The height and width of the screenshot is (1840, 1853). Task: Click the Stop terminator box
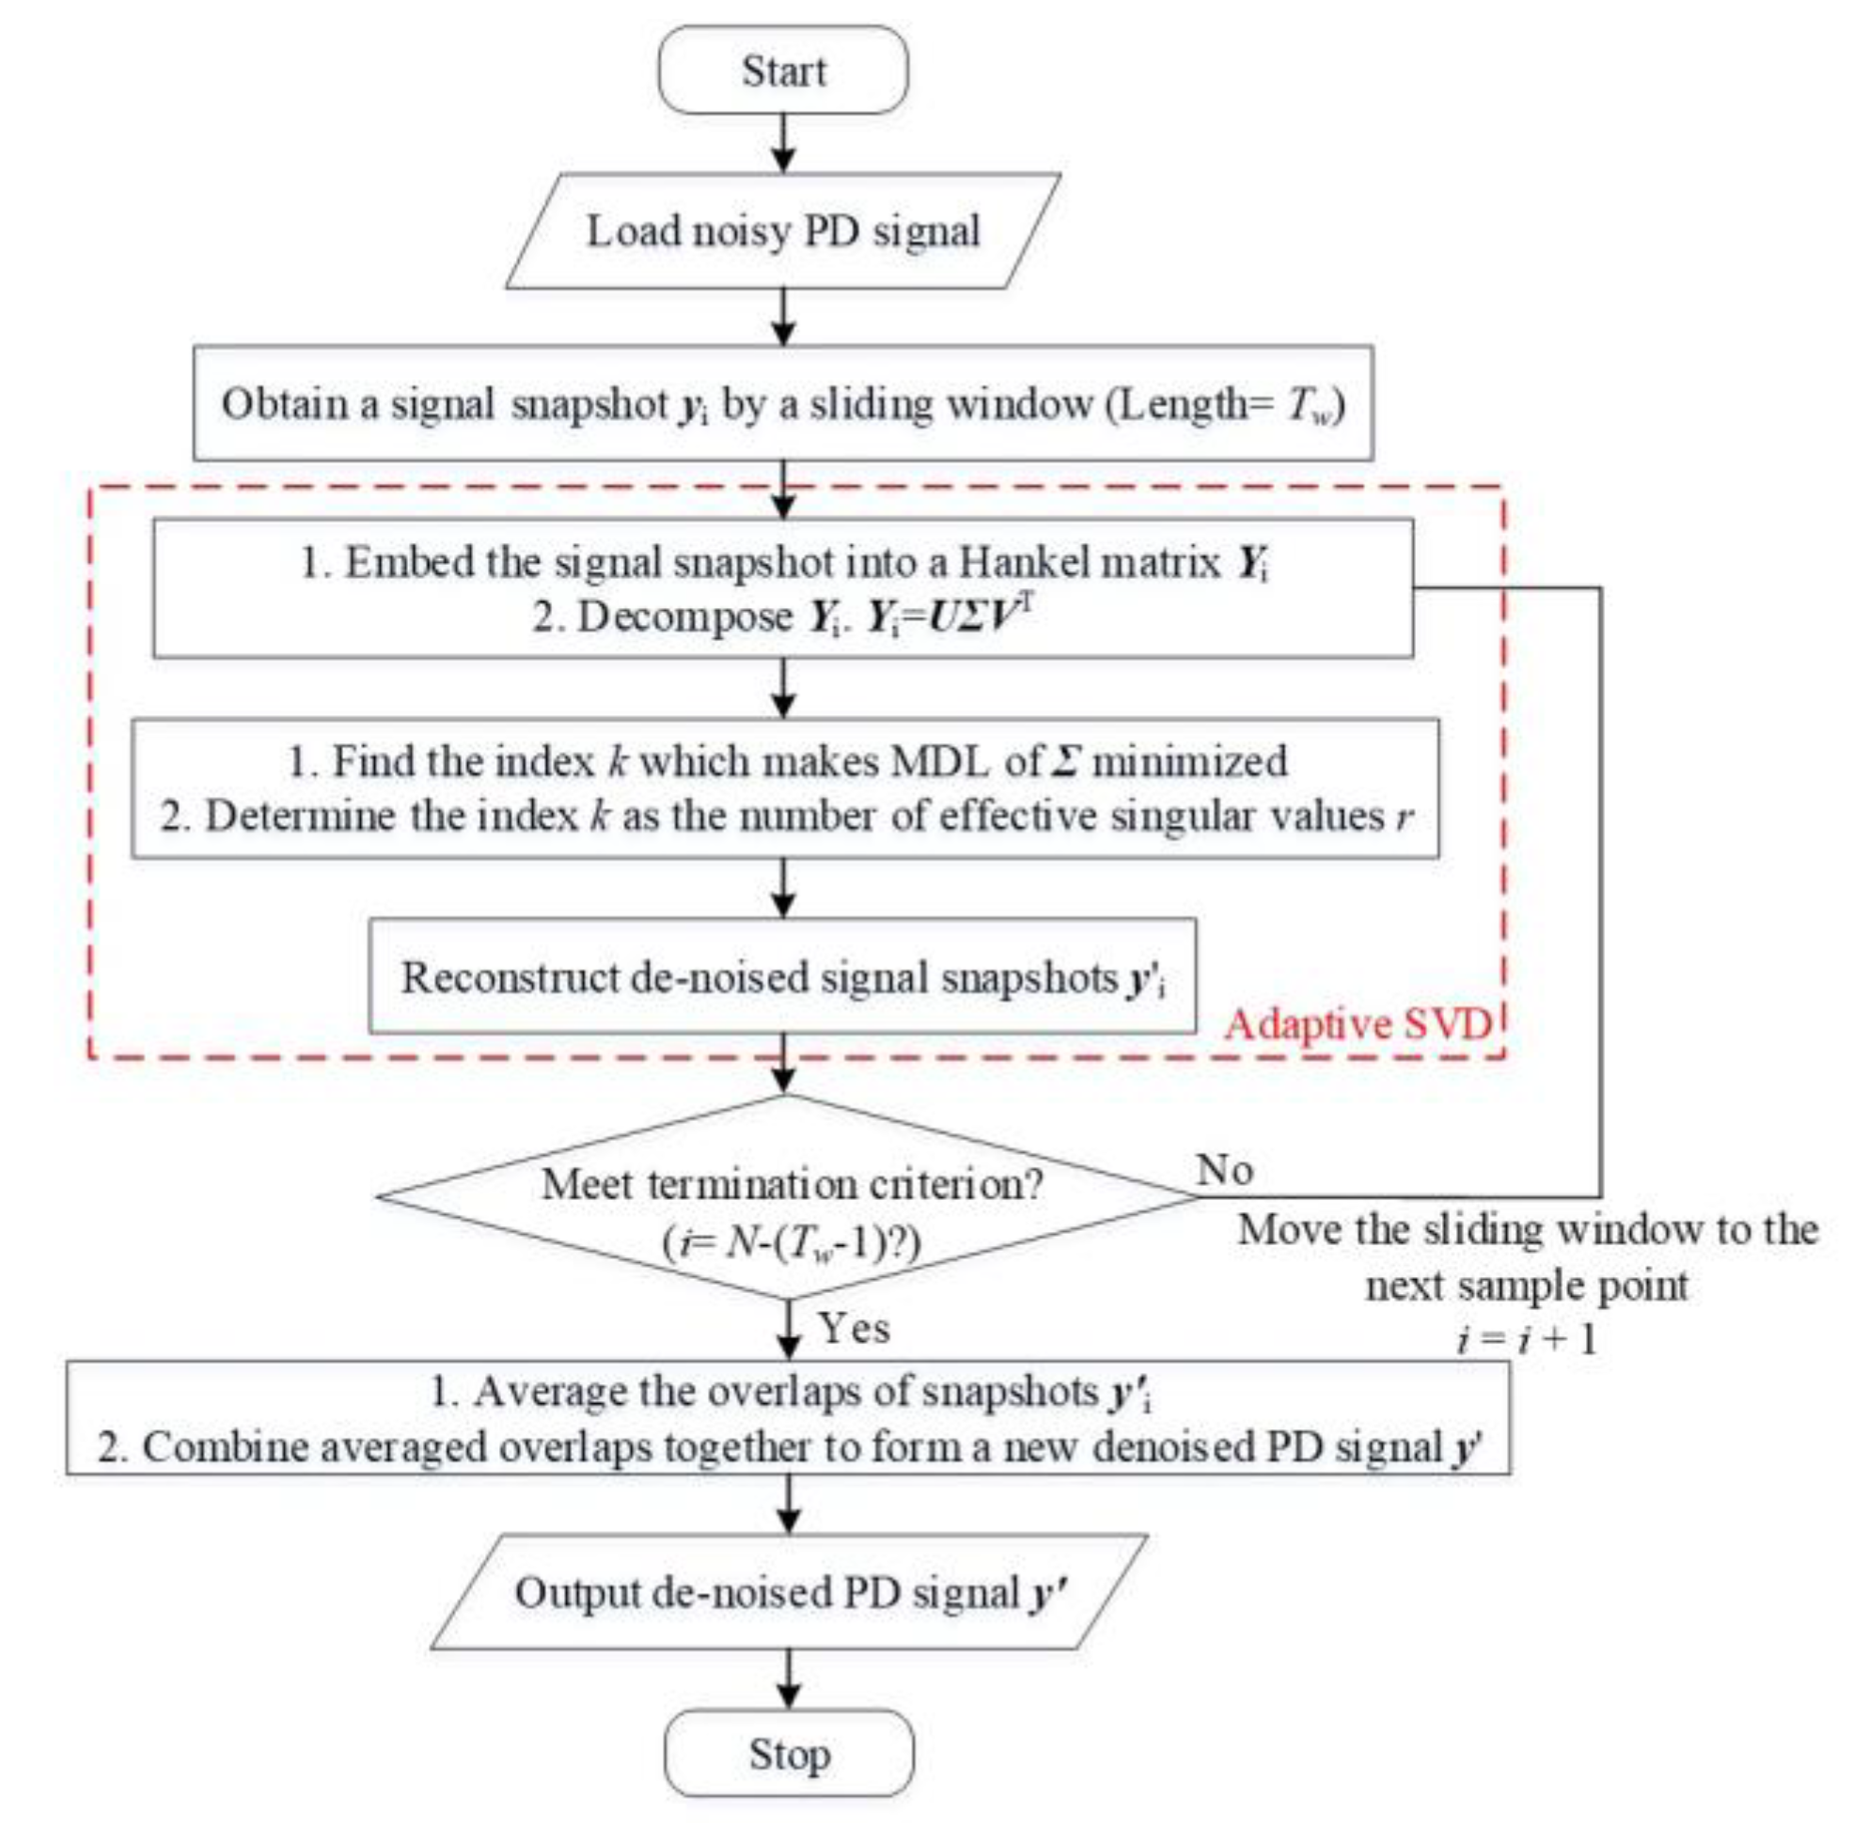click(x=789, y=1754)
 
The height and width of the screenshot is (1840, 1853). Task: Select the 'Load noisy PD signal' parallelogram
click(x=782, y=231)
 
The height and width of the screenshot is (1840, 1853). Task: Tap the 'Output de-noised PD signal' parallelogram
click(x=789, y=1593)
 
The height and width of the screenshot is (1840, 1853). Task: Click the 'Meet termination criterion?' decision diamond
click(x=789, y=1197)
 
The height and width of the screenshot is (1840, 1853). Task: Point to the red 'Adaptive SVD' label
click(x=1358, y=1024)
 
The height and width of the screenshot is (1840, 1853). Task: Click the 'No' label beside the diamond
click(x=1225, y=1170)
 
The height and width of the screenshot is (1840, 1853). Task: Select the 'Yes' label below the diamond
click(x=854, y=1329)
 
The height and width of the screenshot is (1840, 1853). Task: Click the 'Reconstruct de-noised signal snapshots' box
click(x=782, y=977)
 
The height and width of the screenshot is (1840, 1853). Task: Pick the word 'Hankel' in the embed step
click(x=1021, y=563)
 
